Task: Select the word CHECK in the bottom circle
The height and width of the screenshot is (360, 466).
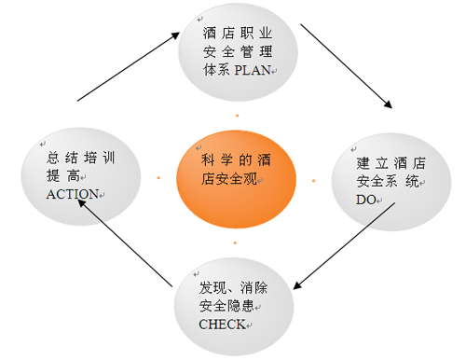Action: click(x=221, y=324)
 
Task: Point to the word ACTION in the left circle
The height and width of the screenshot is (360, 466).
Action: click(x=72, y=193)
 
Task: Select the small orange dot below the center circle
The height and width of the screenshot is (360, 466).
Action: click(x=236, y=243)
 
